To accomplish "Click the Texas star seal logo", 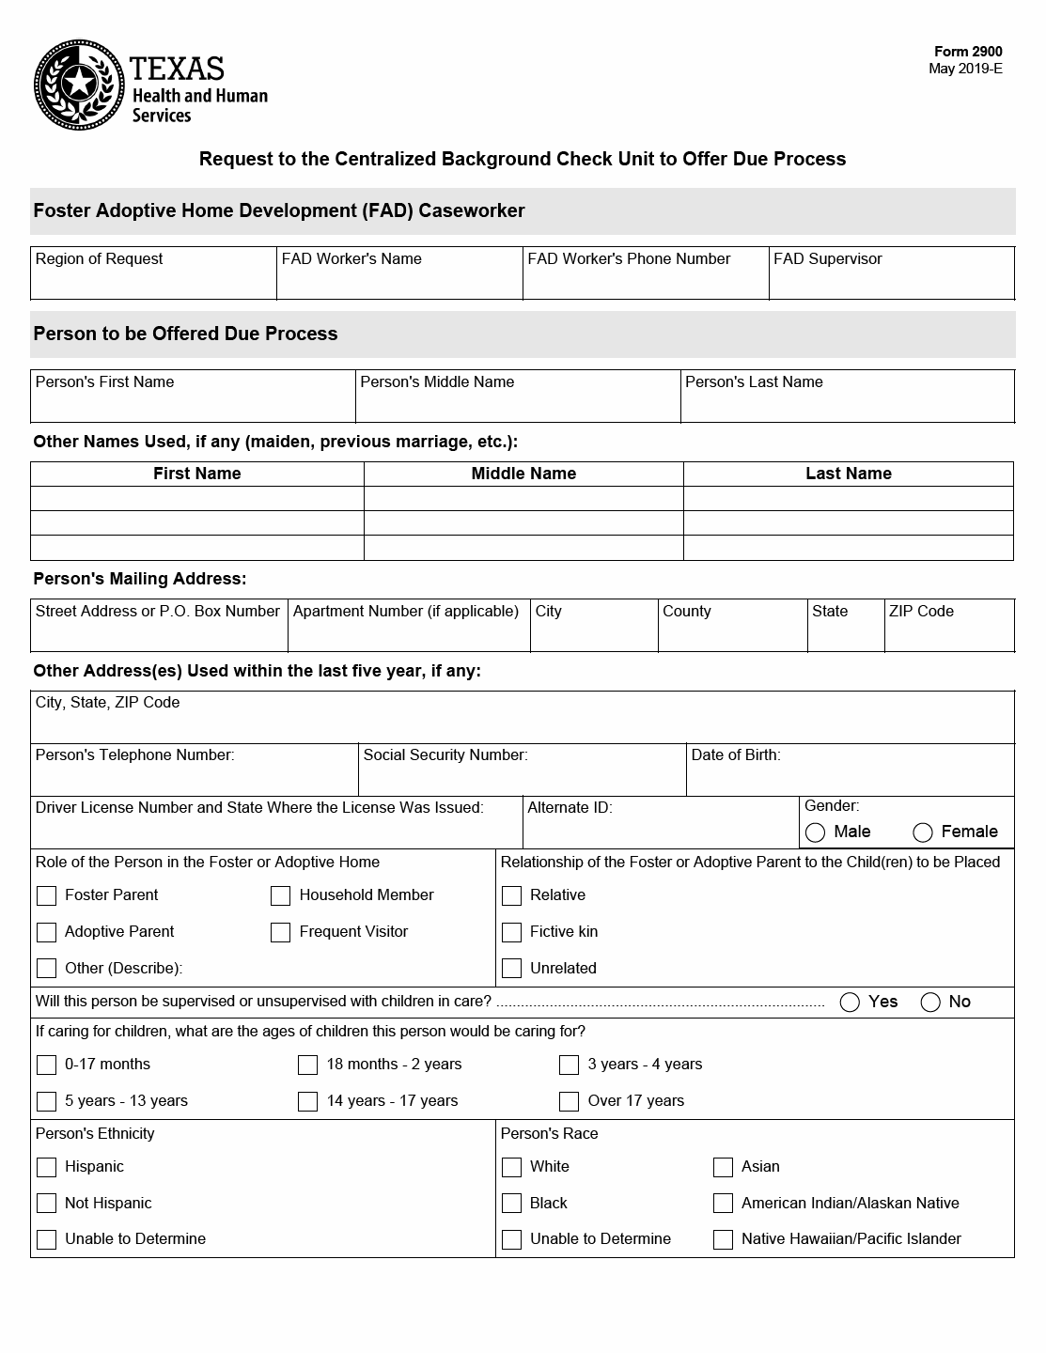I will (x=79, y=86).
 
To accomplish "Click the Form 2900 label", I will (x=967, y=52).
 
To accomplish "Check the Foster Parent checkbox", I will (x=47, y=895).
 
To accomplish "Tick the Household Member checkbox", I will (x=281, y=895).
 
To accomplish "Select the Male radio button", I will (x=816, y=832).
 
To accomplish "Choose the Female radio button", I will (x=923, y=832).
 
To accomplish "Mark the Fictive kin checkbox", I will (x=512, y=932).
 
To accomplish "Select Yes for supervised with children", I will (x=851, y=1002).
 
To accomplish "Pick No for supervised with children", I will (x=931, y=1002).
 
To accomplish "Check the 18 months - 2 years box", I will (x=308, y=1065).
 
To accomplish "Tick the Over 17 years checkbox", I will (x=570, y=1101).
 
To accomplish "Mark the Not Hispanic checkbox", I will (x=47, y=1204).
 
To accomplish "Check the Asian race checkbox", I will (x=724, y=1167).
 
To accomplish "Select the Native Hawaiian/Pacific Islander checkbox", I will (x=724, y=1239).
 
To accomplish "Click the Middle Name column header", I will (x=523, y=474).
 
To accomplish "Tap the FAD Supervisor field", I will (x=891, y=280).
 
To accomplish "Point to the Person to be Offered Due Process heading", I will (x=185, y=334).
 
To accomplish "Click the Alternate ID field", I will (x=660, y=830).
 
